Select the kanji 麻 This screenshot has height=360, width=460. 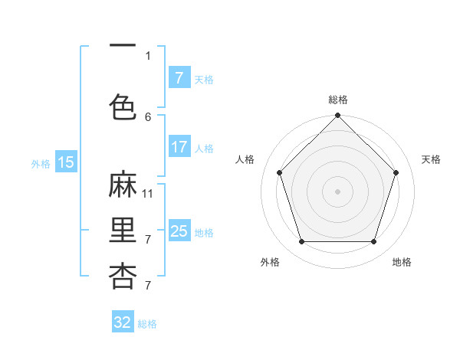[x=123, y=185]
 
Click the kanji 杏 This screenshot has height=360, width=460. [x=123, y=276]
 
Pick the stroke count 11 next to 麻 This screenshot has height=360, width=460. [x=148, y=193]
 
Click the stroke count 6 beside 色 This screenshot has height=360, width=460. [x=148, y=116]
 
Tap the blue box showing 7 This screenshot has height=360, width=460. [x=179, y=77]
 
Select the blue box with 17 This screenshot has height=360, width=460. [x=179, y=147]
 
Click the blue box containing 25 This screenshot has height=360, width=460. [x=179, y=231]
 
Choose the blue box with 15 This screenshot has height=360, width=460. [x=66, y=162]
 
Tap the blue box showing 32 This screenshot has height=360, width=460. [x=123, y=322]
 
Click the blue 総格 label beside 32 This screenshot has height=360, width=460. [x=147, y=324]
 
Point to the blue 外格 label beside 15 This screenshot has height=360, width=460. [x=41, y=163]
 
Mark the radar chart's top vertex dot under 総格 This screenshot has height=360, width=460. [x=337, y=116]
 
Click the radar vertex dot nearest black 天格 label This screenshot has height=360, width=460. [x=396, y=172]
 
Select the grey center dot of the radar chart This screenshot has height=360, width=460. [x=337, y=191]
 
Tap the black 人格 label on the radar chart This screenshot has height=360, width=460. [x=245, y=159]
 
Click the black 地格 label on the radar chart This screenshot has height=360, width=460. [x=402, y=262]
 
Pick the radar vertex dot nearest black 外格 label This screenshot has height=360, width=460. [x=301, y=242]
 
